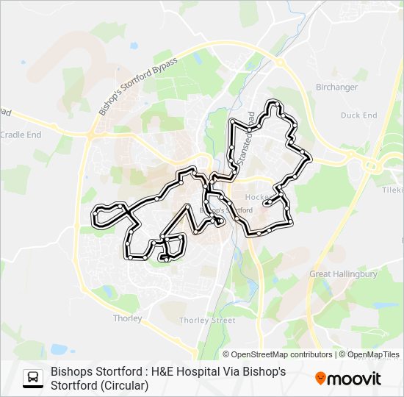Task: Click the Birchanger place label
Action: point(336,87)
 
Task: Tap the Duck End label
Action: point(358,115)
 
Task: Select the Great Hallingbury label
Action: point(343,274)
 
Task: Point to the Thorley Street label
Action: point(208,321)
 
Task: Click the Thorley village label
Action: point(127,318)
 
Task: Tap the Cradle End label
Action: point(21,135)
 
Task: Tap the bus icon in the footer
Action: point(33,378)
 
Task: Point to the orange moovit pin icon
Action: point(321,379)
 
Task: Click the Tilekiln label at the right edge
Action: point(393,189)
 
